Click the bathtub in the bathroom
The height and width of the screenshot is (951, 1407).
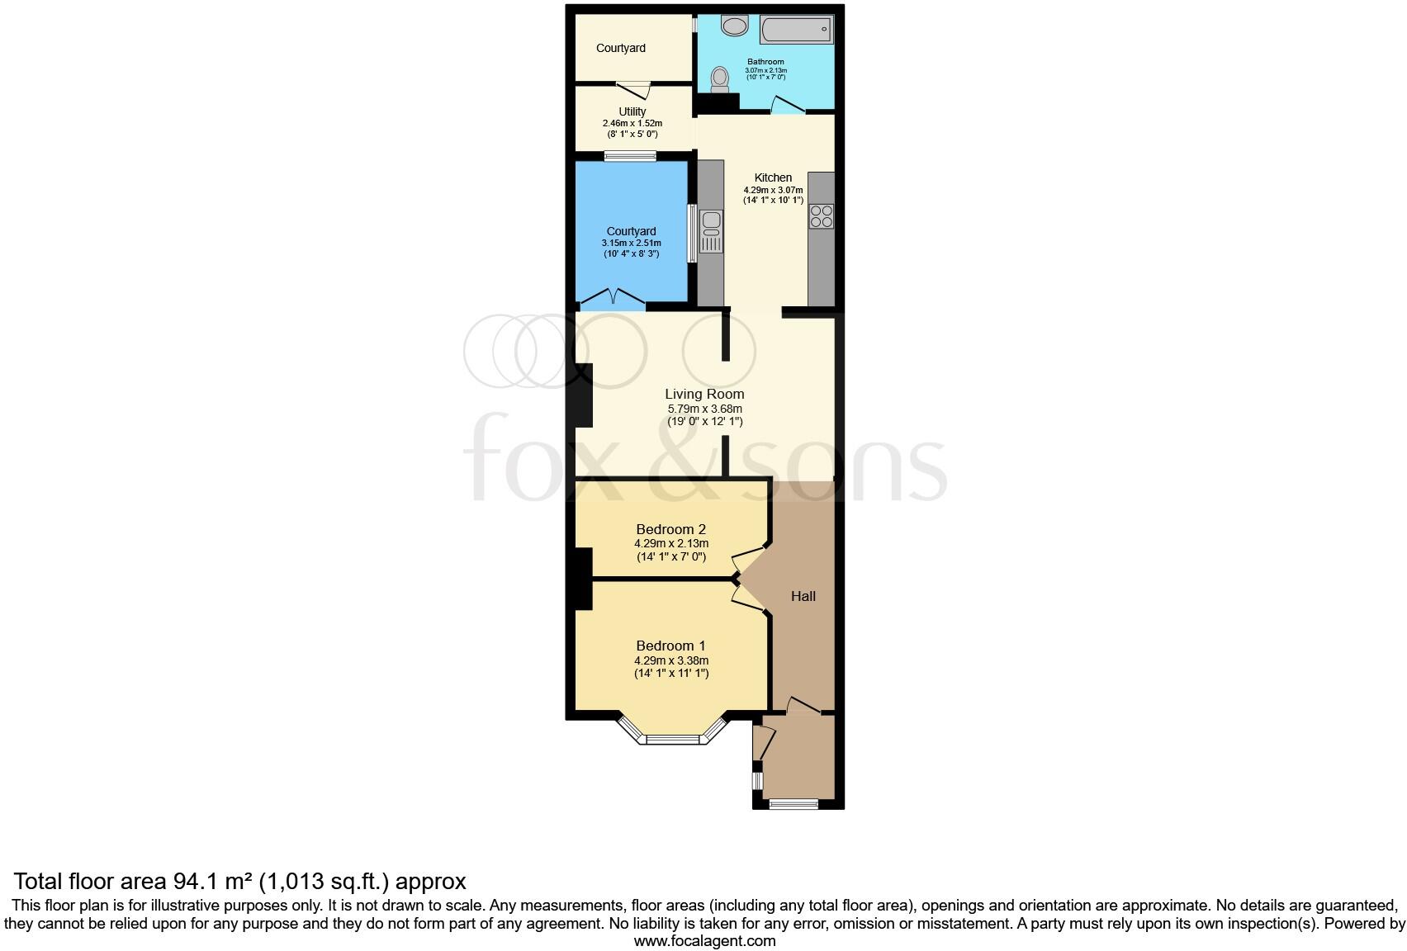coord(796,31)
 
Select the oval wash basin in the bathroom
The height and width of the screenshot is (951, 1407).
coord(732,26)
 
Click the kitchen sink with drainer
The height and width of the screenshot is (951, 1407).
coord(710,231)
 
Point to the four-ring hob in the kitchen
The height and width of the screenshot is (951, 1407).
coord(822,216)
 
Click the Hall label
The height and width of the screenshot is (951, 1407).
coord(803,596)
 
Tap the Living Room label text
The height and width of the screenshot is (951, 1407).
coord(704,394)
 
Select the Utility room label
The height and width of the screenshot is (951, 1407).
coord(632,111)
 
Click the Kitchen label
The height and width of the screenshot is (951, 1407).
coord(773,177)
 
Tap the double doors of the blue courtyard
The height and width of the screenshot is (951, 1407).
coord(611,297)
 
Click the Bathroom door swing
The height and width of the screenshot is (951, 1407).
coord(788,105)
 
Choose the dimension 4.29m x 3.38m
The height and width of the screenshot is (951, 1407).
coord(671,660)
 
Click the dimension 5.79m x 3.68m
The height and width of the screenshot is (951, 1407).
coord(704,409)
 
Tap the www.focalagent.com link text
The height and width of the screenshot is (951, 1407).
coord(704,940)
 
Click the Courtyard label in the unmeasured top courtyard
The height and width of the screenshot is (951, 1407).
coord(621,48)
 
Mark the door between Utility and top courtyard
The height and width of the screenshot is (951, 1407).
coord(633,86)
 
